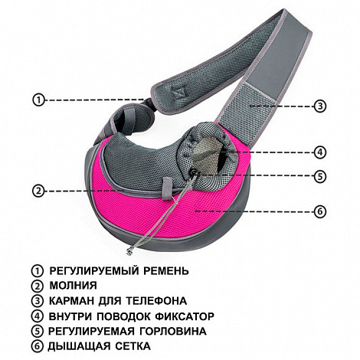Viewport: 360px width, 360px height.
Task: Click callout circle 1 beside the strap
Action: click(38, 100)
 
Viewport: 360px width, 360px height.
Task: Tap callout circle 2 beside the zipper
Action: click(38, 191)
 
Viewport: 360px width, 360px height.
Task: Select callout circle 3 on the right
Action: click(320, 106)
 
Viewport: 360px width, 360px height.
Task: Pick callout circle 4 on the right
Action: click(320, 152)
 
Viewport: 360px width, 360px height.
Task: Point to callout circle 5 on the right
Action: click(320, 176)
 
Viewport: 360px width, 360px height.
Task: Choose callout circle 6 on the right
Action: click(320, 211)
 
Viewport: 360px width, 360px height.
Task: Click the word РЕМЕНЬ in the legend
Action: click(166, 270)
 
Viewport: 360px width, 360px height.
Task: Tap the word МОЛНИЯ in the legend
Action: click(73, 286)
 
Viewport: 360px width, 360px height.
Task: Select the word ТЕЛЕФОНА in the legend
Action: click(156, 301)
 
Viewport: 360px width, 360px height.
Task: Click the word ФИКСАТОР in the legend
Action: click(185, 316)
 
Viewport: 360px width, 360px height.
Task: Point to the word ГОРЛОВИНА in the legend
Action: click(173, 331)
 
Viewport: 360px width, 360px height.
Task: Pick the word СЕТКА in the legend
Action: click(133, 346)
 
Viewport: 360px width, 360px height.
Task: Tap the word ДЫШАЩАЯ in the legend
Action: click(79, 346)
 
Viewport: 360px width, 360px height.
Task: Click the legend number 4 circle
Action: click(38, 316)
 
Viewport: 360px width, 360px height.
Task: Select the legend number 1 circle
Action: click(38, 270)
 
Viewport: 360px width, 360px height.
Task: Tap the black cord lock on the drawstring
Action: click(195, 173)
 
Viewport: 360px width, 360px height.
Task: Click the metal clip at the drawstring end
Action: click(129, 250)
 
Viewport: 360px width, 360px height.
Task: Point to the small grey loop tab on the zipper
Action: click(167, 188)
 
